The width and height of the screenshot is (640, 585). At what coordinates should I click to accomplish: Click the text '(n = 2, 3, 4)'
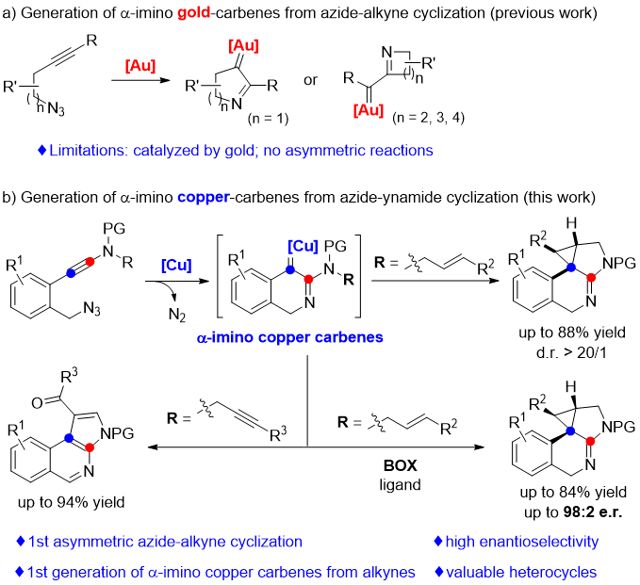(x=395, y=120)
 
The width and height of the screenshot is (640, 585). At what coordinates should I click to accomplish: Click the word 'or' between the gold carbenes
(x=310, y=79)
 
